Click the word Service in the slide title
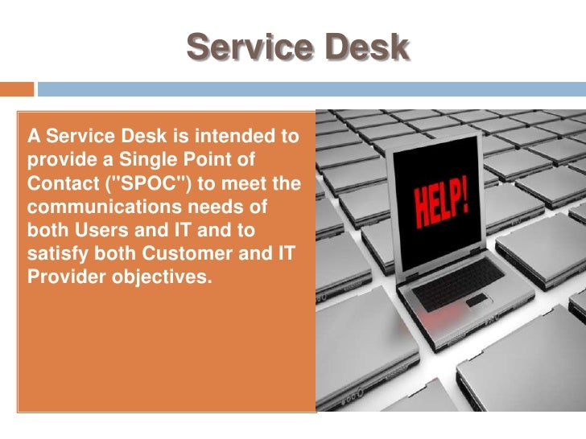click(246, 49)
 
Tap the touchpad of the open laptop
click(478, 301)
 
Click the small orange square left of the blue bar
click(17, 89)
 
